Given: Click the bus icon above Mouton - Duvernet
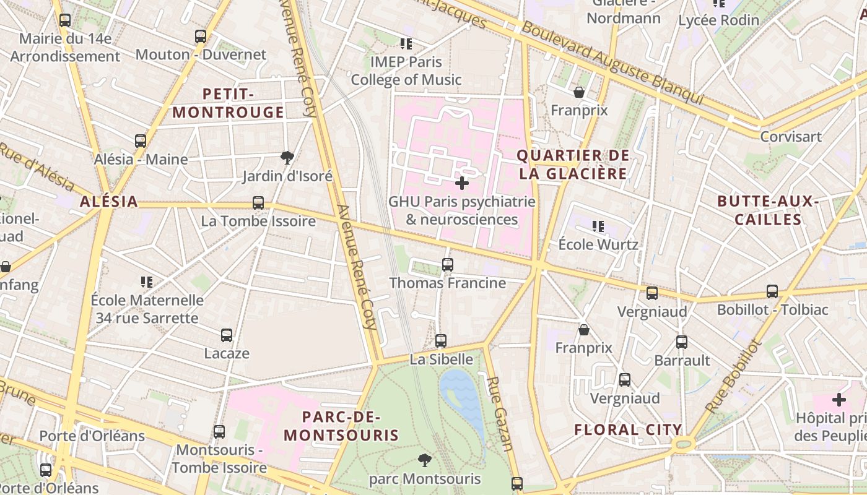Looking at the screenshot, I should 200,36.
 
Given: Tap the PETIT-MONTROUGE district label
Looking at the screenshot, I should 228,103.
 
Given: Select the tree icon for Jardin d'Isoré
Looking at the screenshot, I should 287,158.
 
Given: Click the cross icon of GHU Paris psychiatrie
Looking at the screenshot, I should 462,183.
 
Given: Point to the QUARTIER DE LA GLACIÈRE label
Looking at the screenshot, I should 573,165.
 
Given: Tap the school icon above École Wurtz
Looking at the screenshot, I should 598,226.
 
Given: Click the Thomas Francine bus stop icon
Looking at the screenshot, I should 448,265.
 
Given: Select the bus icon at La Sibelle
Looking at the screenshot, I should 441,341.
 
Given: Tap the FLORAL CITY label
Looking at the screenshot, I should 628,429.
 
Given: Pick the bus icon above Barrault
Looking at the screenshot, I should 682,342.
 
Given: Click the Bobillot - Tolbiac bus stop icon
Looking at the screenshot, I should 772,291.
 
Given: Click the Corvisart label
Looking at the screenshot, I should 790,137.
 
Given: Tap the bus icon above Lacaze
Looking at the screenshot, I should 227,335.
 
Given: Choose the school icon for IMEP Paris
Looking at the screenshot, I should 406,43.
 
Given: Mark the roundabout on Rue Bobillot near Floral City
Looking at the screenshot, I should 684,443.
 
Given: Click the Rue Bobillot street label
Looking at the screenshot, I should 732,376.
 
